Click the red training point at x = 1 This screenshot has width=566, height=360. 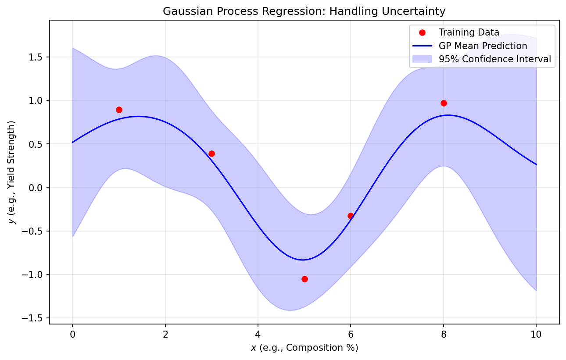tap(119, 110)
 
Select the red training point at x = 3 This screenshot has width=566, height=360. tap(211, 153)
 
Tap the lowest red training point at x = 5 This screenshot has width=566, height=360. tap(304, 279)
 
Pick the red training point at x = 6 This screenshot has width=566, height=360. tap(351, 216)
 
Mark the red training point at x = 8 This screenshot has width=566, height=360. tap(444, 103)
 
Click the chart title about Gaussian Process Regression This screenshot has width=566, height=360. tap(304, 11)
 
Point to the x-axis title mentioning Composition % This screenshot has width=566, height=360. tap(304, 348)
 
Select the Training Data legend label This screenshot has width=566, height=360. tap(469, 32)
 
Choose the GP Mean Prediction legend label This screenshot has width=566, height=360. tap(483, 46)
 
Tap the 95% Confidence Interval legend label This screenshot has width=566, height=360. tap(494, 59)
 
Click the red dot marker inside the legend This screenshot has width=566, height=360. tap(422, 33)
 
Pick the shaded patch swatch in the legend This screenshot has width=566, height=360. tap(422, 59)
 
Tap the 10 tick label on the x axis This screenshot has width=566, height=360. tap(536, 335)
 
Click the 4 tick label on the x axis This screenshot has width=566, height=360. tap(258, 335)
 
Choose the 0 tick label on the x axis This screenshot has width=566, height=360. tap(72, 335)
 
